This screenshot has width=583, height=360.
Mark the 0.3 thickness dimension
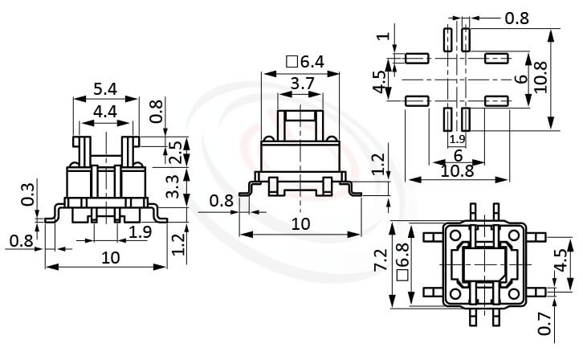[29, 195]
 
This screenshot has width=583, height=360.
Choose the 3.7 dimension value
[302, 83]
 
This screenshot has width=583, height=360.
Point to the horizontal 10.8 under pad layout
[455, 170]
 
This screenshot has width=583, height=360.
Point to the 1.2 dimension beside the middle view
[378, 165]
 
